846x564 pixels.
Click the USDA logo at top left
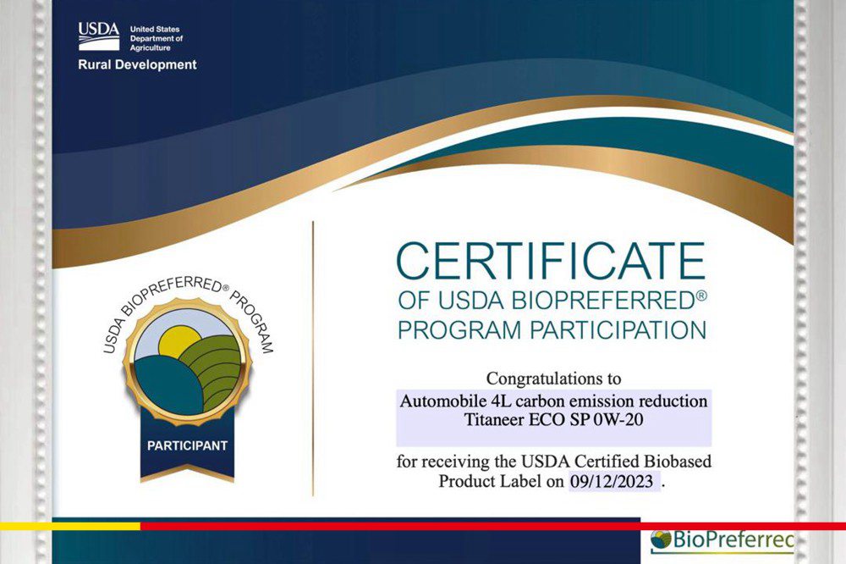pyautogui.click(x=99, y=36)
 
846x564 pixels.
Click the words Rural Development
pyautogui.click(x=137, y=65)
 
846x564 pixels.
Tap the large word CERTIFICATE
pyautogui.click(x=551, y=261)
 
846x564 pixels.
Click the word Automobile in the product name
pyautogui.click(x=443, y=401)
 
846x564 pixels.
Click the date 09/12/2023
pyautogui.click(x=612, y=481)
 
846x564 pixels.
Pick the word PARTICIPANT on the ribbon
pyautogui.click(x=187, y=445)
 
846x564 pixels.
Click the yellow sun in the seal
pyautogui.click(x=179, y=341)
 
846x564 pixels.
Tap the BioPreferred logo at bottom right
pyautogui.click(x=722, y=540)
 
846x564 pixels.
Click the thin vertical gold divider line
pyautogui.click(x=313, y=358)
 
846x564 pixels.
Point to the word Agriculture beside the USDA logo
pyautogui.click(x=150, y=48)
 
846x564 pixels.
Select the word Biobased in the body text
pyautogui.click(x=678, y=462)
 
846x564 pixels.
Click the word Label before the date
pyautogui.click(x=519, y=481)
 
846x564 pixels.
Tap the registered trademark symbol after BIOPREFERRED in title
pyautogui.click(x=700, y=296)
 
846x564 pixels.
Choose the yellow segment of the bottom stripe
pyautogui.click(x=70, y=526)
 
